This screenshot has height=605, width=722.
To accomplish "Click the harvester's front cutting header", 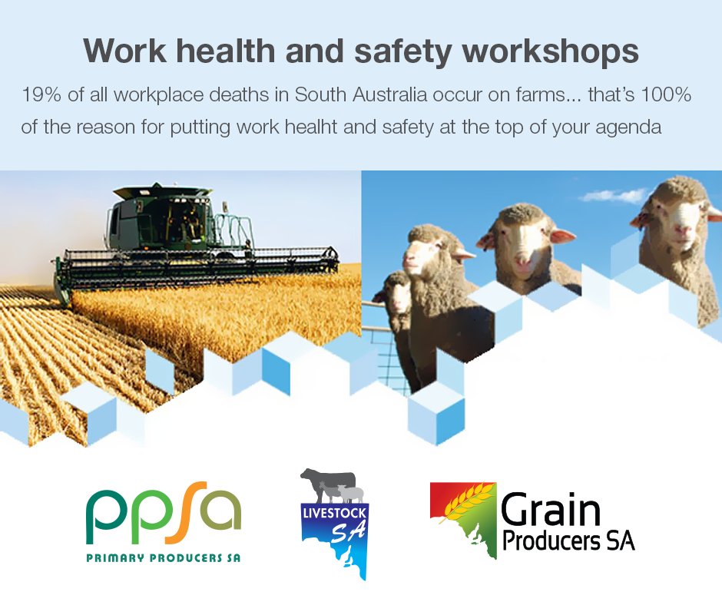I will pos(200,265).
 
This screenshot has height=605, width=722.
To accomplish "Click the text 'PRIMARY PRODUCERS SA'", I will pos(163,558).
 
